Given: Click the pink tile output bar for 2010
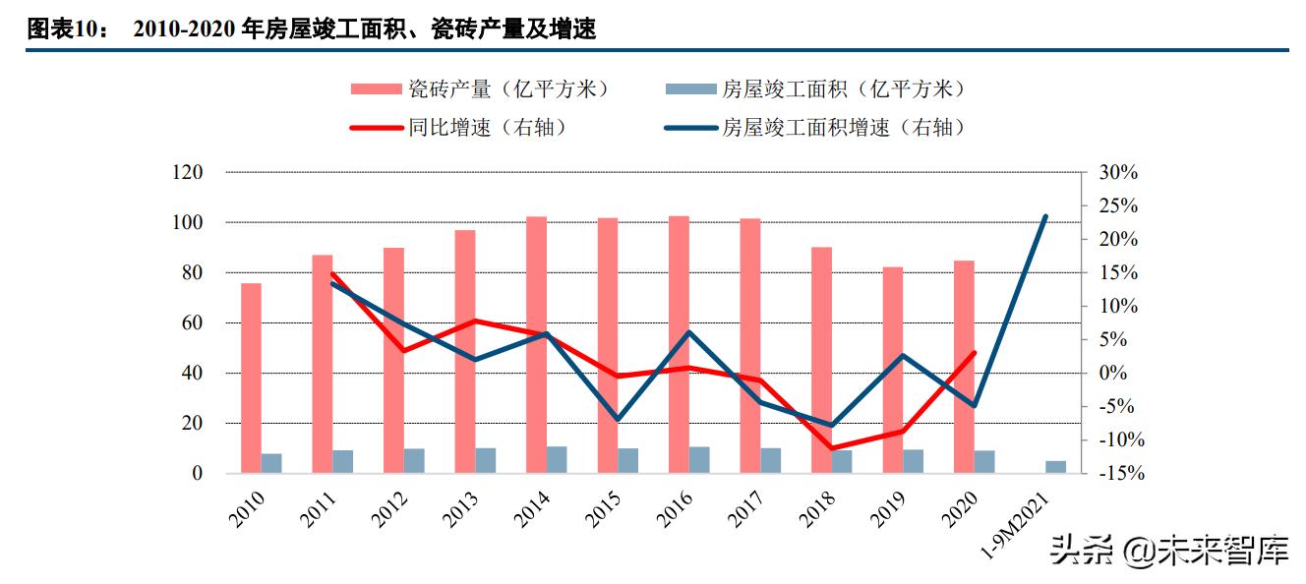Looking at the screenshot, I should [252, 378].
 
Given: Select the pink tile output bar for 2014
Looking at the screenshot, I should [537, 344].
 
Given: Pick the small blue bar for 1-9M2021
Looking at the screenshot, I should [1055, 467].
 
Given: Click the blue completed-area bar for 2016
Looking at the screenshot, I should [699, 460].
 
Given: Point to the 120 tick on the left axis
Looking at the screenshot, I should [187, 172].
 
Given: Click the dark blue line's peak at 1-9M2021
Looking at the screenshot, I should [1045, 216].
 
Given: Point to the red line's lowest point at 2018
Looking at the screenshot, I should [833, 448].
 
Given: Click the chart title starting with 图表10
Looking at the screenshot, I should [311, 29].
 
